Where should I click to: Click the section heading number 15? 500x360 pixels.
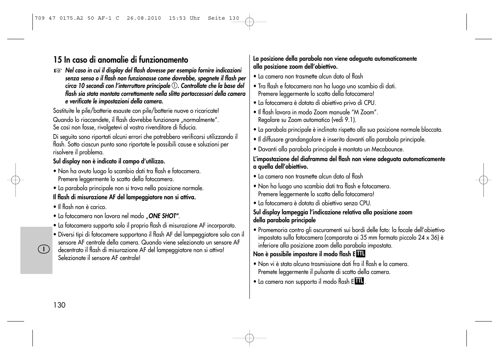pyautogui.click(x=57, y=60)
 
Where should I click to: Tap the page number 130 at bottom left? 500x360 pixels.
pyautogui.click(x=59, y=305)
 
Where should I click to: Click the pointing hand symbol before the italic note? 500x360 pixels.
pyautogui.click(x=57, y=71)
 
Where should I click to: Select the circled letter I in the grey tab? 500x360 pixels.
pyautogui.click(x=44, y=249)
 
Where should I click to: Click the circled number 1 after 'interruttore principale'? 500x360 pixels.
pyautogui.click(x=175, y=86)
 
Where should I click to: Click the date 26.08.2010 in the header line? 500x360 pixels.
pyautogui.click(x=144, y=18)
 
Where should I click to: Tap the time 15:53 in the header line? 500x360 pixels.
pyautogui.click(x=177, y=18)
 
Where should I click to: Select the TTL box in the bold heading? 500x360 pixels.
pyautogui.click(x=360, y=254)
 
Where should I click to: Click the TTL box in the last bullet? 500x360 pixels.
pyautogui.click(x=359, y=281)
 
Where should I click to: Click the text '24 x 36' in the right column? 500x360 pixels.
pyautogui.click(x=428, y=238)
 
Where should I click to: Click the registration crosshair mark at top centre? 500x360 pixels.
pyautogui.click(x=249, y=22)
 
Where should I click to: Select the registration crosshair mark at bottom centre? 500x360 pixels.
pyautogui.click(x=249, y=338)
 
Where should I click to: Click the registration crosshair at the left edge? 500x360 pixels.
pyautogui.click(x=15, y=180)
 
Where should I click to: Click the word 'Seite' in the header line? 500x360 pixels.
pyautogui.click(x=216, y=18)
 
